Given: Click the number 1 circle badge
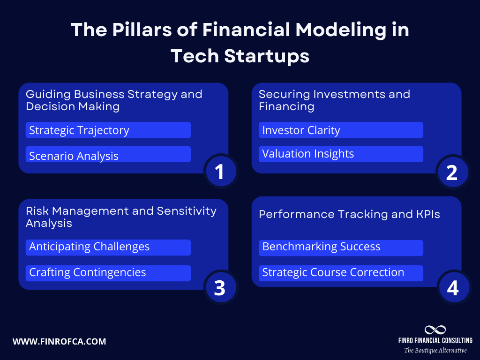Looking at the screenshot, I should [219, 172].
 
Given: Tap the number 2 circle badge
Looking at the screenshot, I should [451, 172].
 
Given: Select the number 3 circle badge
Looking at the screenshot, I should [219, 288].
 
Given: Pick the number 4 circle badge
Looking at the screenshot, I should [452, 288].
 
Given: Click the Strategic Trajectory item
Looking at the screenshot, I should [108, 130].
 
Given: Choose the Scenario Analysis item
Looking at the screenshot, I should [108, 156].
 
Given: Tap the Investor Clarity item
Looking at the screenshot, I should [341, 130].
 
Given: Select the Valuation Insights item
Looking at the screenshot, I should [341, 154].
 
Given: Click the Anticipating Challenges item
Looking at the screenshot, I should [108, 247].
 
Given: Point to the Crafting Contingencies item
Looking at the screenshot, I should [108, 273].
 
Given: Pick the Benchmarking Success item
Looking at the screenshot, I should [341, 247].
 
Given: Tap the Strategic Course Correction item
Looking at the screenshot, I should [341, 273].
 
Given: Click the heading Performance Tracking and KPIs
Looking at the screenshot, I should [349, 214].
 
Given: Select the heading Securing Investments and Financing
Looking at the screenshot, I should [334, 100].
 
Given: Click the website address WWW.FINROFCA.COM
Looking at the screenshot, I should [59, 342].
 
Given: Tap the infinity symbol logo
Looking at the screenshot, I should [435, 330].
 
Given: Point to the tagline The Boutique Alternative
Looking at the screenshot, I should [435, 351].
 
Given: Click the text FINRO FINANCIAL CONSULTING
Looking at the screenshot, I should [435, 341].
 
